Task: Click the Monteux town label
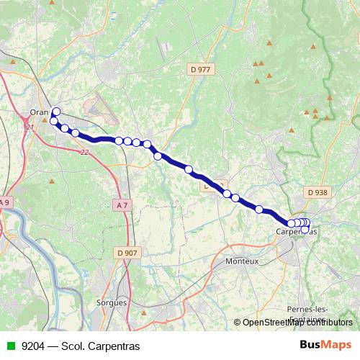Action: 241,261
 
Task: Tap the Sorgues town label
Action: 112,302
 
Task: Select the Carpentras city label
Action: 295,232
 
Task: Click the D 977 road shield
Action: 201,69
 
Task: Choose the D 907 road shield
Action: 127,252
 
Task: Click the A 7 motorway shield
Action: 122,205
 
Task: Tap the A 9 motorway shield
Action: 4,203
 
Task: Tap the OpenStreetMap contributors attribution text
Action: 297,323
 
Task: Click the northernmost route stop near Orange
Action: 56,111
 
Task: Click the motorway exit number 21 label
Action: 30,127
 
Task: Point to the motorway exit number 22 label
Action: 85,152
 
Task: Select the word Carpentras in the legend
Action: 107,346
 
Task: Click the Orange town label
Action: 40,112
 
